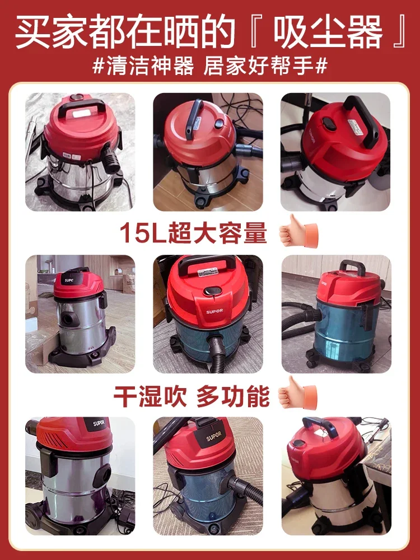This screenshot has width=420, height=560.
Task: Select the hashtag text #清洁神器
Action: coord(143,65)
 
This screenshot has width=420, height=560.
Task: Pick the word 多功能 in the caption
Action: coord(232,395)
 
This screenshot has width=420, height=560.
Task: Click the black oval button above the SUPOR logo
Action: coord(211,292)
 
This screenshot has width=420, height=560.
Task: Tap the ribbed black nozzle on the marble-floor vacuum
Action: coord(111,162)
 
